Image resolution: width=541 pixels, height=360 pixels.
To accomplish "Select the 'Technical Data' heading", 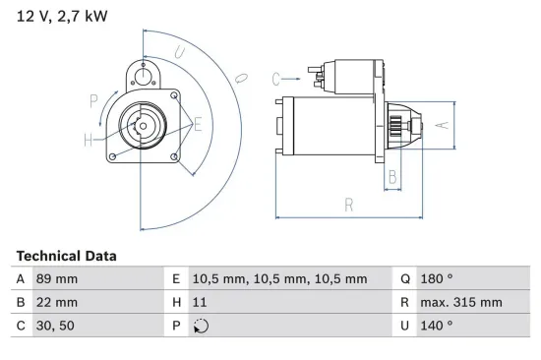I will click(x=66, y=256).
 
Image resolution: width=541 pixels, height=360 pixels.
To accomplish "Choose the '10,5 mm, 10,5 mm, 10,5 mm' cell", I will click(x=278, y=278).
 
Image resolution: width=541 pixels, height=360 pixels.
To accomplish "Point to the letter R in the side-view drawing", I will click(x=349, y=205).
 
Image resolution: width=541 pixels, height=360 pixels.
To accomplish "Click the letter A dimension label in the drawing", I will click(x=442, y=124).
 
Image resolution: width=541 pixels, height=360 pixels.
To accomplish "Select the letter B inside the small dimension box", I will click(x=392, y=177).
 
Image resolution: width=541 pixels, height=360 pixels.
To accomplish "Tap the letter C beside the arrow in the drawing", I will click(x=277, y=77).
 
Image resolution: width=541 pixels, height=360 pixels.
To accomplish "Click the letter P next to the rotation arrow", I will click(x=93, y=99).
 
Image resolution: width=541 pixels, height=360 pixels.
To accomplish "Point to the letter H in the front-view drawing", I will click(x=89, y=141).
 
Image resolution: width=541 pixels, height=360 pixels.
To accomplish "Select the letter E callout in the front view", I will click(x=199, y=125).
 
